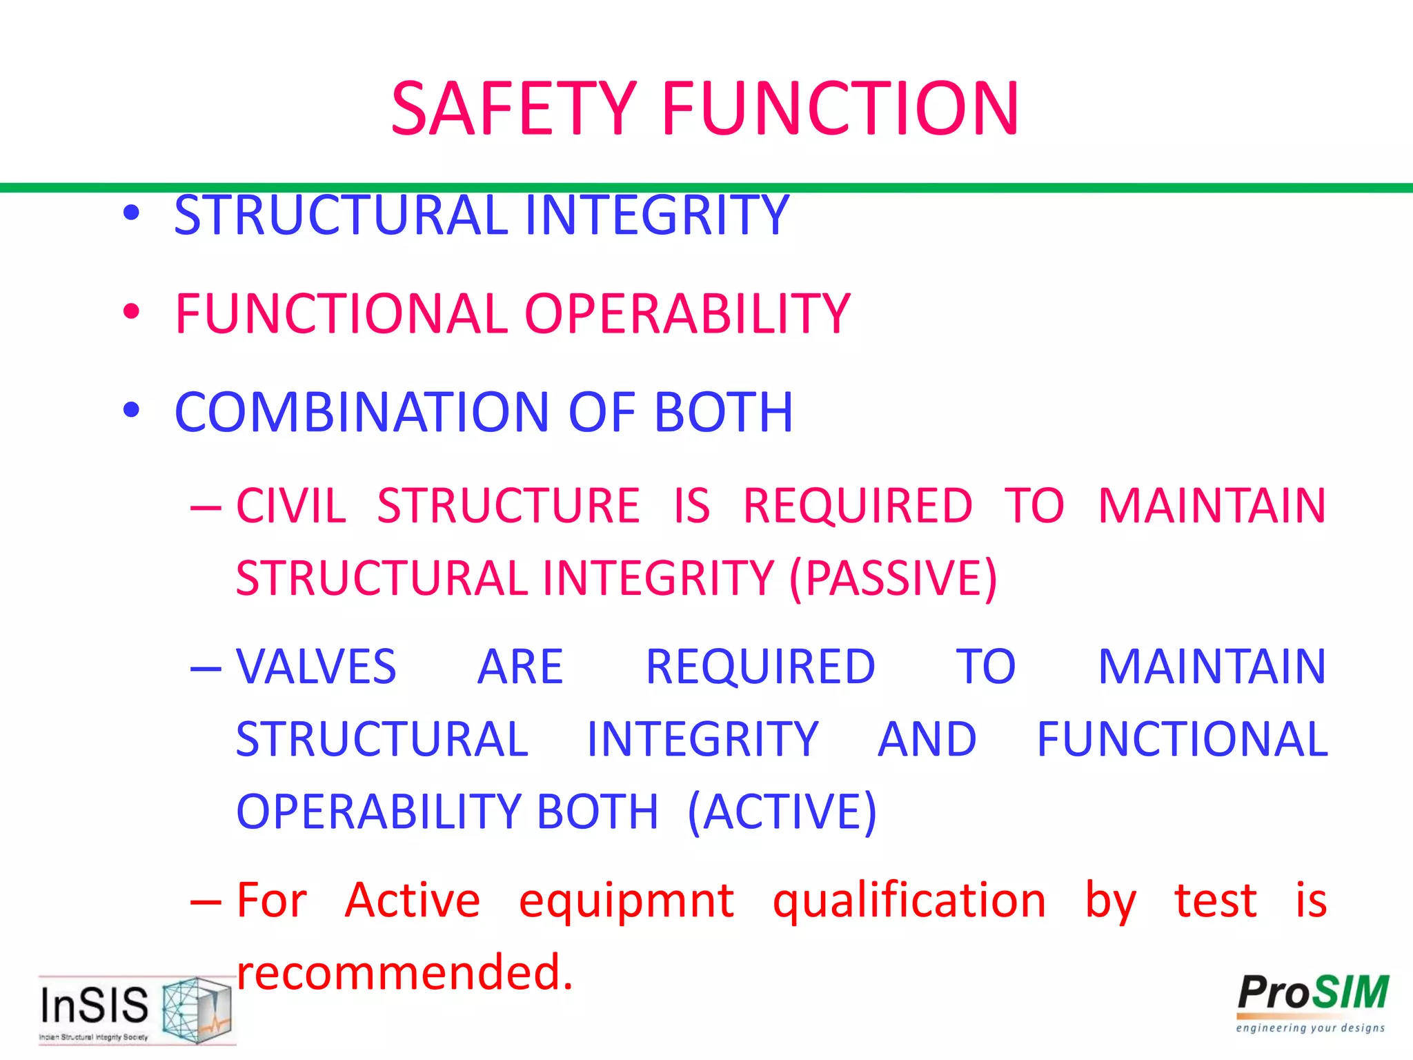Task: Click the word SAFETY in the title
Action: tap(513, 109)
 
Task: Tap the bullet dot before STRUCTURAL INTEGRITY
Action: tap(131, 213)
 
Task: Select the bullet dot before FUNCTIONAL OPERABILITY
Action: tap(131, 312)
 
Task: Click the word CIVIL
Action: tap(290, 506)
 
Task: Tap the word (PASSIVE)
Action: tap(893, 578)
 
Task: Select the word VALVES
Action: tap(316, 667)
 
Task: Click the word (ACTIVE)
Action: tap(782, 812)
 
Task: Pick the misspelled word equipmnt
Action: tap(626, 901)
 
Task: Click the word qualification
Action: tap(909, 901)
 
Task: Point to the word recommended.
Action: tap(404, 972)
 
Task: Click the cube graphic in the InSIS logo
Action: tap(196, 1009)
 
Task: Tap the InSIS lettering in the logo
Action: tap(95, 1005)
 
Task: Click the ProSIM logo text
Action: tap(1312, 993)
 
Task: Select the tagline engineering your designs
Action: tap(1310, 1028)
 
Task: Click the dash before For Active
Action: tap(206, 901)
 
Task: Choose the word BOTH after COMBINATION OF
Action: tap(723, 413)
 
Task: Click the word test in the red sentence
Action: tap(1216, 901)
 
